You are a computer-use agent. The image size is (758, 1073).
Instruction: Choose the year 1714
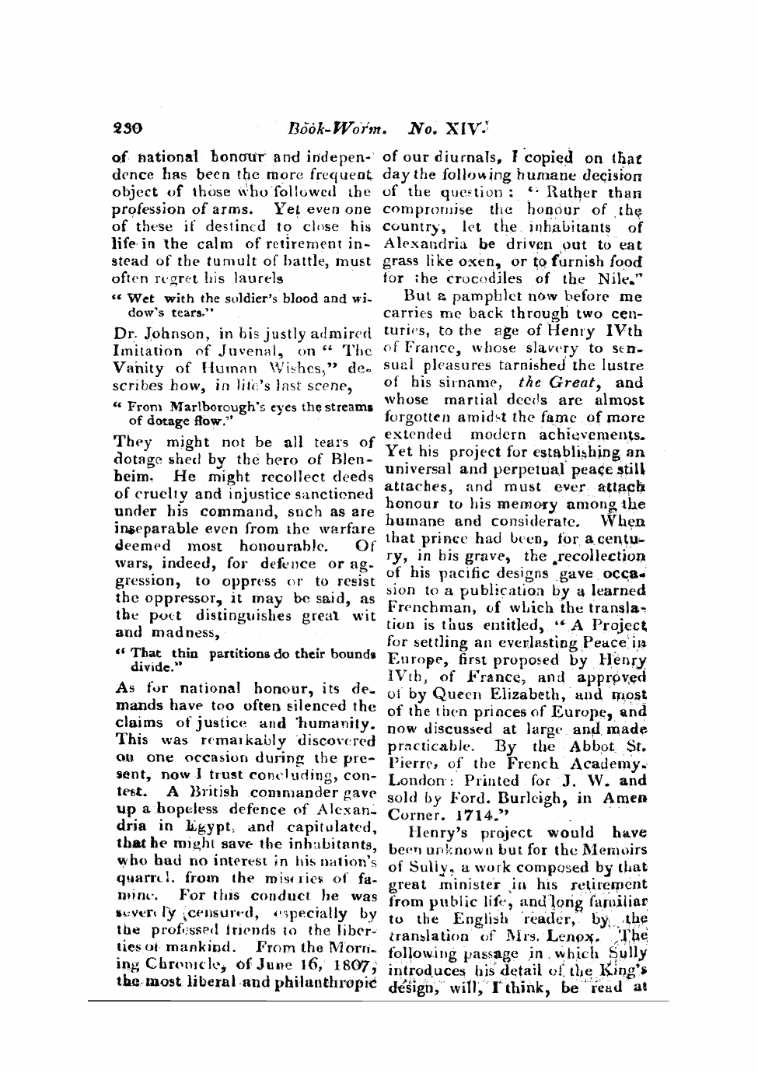473,816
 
